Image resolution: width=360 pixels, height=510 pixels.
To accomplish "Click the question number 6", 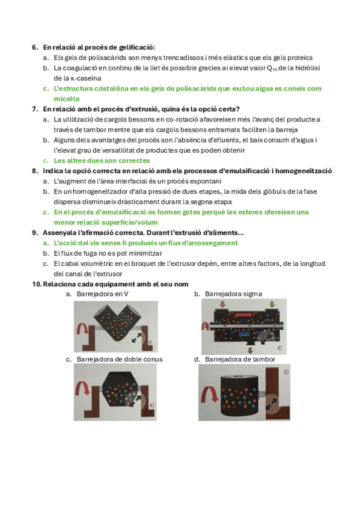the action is tap(35, 48).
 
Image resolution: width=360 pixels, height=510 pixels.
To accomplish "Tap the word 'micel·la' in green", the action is tap(67, 99).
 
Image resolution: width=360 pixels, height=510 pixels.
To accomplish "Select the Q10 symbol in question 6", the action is tap(272, 69).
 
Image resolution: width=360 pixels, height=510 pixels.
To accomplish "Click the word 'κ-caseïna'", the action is tap(86, 78).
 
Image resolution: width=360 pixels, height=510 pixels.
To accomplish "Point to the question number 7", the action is tap(35, 109).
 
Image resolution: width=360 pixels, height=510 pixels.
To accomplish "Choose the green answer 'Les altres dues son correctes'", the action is tap(102, 161).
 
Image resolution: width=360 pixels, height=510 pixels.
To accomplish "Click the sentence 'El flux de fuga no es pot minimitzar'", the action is tap(108, 253).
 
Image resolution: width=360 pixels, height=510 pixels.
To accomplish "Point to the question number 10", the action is tap(37, 284).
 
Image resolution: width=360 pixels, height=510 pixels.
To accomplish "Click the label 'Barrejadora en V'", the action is tap(103, 294).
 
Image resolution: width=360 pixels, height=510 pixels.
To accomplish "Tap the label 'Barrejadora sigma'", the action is tap(233, 294).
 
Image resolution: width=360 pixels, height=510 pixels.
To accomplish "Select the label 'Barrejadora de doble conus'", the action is tap(120, 360).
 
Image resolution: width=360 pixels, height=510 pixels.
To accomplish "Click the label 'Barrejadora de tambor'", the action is tap(240, 360).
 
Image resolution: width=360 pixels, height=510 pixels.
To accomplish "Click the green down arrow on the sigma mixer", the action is tap(272, 304).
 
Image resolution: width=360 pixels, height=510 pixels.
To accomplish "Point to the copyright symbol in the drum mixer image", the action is tap(286, 372).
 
